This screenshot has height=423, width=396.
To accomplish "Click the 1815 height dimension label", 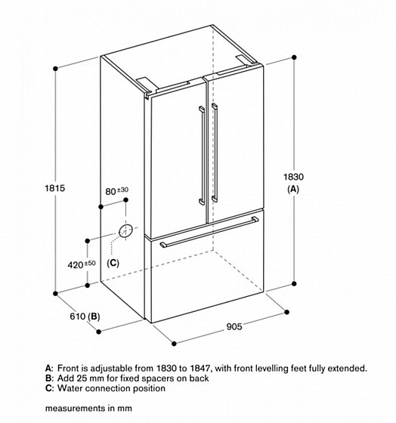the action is pyautogui.click(x=55, y=188).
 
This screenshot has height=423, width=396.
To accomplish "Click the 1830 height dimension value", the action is pyautogui.click(x=293, y=177).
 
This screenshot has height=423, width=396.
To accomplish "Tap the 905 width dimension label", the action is pyautogui.click(x=234, y=326).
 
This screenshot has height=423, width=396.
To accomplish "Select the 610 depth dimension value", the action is pyautogui.click(x=78, y=316).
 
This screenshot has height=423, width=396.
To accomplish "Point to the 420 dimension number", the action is pyautogui.click(x=76, y=265).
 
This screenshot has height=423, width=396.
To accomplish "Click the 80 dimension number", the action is pyautogui.click(x=110, y=192).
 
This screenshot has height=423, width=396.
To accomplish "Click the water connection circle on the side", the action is pyautogui.click(x=125, y=231).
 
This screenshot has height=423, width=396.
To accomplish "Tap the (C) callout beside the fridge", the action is pyautogui.click(x=113, y=263).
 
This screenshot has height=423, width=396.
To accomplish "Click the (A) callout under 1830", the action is pyautogui.click(x=293, y=189).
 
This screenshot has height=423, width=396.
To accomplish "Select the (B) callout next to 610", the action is pyautogui.click(x=94, y=316).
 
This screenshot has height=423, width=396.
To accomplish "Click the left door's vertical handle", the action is pyautogui.click(x=203, y=156).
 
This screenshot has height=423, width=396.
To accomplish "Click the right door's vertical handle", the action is pyautogui.click(x=215, y=153).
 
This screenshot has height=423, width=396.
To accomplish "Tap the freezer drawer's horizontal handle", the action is pyautogui.click(x=209, y=232).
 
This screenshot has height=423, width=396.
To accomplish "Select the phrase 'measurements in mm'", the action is pyautogui.click(x=88, y=409).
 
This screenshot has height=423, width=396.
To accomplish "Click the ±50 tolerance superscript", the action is pyautogui.click(x=90, y=263).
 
